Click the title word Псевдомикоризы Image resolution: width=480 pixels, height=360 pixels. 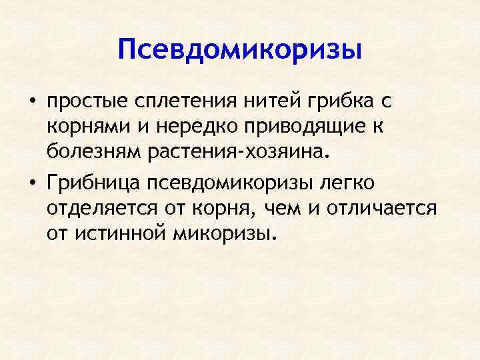239,50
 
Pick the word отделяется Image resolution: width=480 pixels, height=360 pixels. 101,208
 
